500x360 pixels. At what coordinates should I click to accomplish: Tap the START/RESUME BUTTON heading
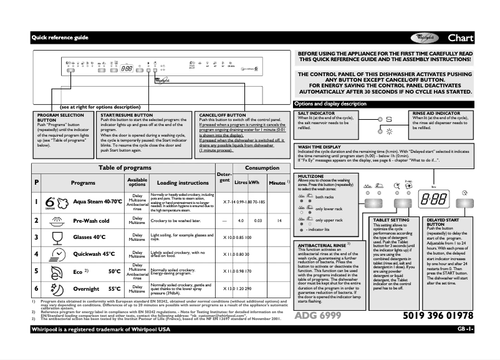pyautogui.click(x=127, y=115)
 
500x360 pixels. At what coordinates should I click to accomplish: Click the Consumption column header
pyautogui.click(x=262, y=168)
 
